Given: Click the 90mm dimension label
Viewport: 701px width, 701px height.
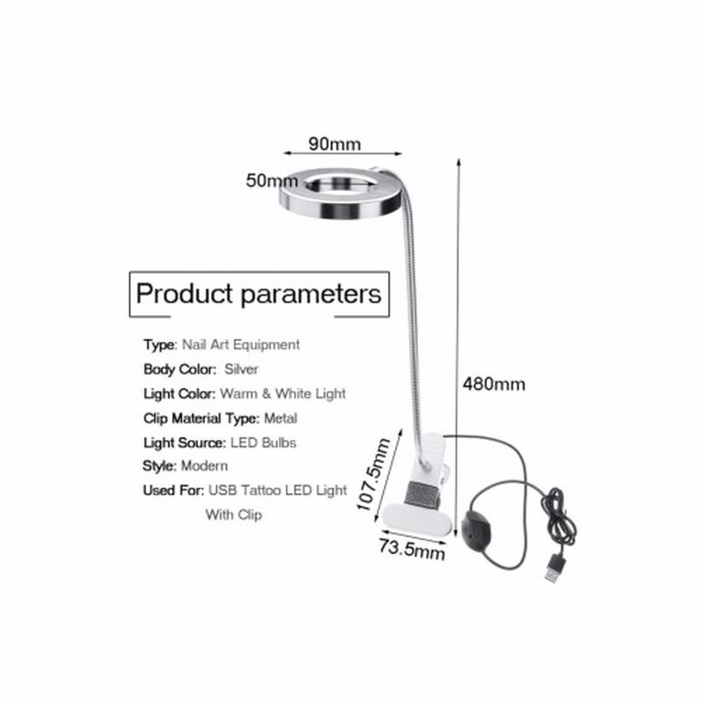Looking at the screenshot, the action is pos(335,144).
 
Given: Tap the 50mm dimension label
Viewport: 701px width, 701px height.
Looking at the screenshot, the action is pos(272,181).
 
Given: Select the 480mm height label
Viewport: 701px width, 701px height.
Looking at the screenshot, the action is pos(493,384).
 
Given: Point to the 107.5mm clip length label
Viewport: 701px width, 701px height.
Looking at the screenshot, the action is pos(374,474).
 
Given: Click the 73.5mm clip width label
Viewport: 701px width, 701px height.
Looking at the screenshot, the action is pos(412,549).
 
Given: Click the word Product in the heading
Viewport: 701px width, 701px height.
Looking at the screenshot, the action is pos(185,294).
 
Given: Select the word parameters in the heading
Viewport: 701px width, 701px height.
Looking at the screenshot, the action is pos(311,295).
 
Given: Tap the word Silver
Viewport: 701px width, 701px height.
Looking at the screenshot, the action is pos(241,369).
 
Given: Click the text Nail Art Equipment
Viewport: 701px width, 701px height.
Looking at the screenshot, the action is pos(241,344).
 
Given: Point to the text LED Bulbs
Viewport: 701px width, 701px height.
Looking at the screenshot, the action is pos(264,443).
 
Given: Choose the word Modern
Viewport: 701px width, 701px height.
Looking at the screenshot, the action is pos(204,466).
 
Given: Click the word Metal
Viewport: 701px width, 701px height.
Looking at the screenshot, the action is pos(280,419).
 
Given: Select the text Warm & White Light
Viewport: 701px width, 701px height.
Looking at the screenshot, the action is pos(283,393).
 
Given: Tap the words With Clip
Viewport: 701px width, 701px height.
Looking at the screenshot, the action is pos(234,514).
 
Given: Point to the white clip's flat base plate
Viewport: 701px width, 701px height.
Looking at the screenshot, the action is pos(414,519).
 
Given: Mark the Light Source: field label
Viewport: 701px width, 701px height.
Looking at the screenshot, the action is pos(185,443).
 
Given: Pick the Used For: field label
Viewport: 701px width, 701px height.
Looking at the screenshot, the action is pos(173,491).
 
